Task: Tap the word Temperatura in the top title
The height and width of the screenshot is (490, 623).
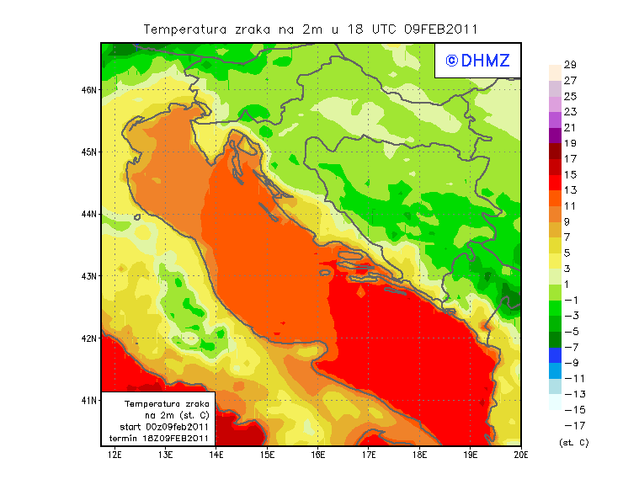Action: pos(184,29)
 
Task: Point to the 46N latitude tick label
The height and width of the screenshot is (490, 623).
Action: pos(89,89)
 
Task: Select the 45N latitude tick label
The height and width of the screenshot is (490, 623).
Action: pos(89,152)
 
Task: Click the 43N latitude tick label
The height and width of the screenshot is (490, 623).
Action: pos(89,275)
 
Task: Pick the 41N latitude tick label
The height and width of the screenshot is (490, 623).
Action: pos(89,400)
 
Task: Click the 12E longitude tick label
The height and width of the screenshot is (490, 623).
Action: pos(114,455)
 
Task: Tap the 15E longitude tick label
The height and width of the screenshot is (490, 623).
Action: pos(267,455)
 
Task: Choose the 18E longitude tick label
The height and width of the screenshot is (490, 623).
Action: pos(419,455)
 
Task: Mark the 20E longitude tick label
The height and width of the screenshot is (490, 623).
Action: pos(521,455)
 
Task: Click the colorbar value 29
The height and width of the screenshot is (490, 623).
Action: pos(569,65)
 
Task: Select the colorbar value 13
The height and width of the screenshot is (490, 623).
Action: pos(569,190)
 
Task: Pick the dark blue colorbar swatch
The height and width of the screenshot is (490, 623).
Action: pos(554,354)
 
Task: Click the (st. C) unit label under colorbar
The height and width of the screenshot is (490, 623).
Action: pos(573,442)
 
